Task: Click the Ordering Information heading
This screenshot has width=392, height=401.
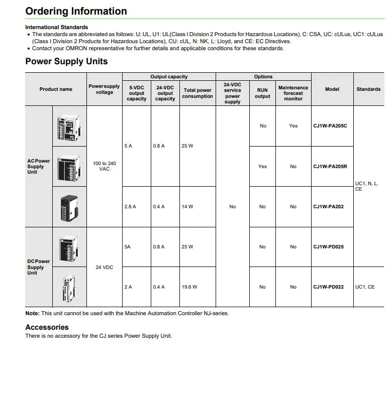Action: click(x=76, y=11)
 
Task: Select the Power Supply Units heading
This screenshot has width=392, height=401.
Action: click(x=66, y=61)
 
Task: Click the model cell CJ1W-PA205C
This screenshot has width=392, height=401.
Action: click(x=330, y=126)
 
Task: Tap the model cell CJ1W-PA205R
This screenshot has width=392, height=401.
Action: click(x=330, y=167)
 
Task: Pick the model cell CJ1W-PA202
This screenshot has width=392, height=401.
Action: click(x=328, y=207)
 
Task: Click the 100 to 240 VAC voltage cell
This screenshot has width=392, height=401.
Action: click(x=104, y=166)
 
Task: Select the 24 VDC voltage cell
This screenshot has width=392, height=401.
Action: click(x=104, y=268)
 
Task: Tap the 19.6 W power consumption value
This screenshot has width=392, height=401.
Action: click(x=189, y=287)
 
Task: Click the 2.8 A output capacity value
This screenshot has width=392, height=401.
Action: click(x=130, y=207)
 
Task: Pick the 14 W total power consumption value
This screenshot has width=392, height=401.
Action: click(x=187, y=207)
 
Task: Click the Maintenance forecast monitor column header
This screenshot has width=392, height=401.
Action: click(x=293, y=93)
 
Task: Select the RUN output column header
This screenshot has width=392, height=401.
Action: click(x=262, y=93)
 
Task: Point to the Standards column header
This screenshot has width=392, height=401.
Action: click(x=368, y=89)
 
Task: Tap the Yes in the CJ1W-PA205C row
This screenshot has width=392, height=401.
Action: click(x=293, y=126)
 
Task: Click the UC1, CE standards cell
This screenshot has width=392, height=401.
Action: click(x=365, y=287)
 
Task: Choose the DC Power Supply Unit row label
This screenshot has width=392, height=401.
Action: click(x=39, y=267)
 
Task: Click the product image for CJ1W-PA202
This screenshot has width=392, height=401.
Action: click(x=69, y=207)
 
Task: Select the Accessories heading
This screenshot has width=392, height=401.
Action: click(x=47, y=327)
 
